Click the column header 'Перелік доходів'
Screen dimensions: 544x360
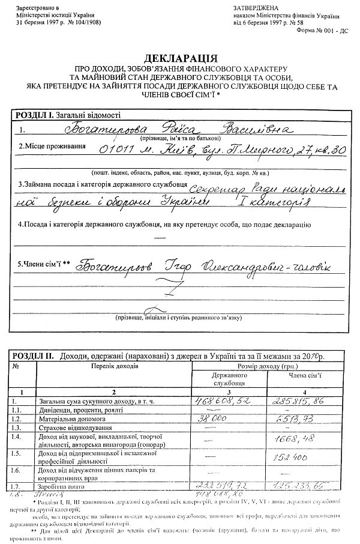point(115,364)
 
